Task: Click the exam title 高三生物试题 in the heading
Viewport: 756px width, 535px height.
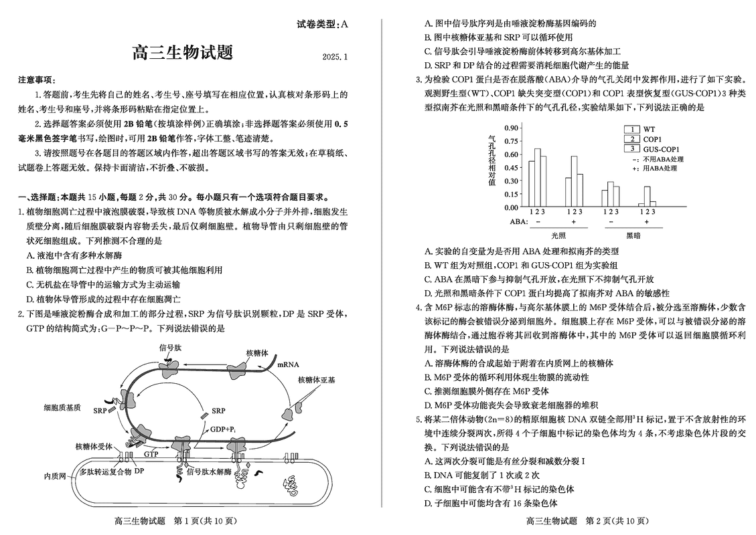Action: (x=182, y=51)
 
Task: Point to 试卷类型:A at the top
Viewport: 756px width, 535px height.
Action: (x=322, y=25)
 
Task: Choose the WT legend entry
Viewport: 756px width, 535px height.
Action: (x=650, y=129)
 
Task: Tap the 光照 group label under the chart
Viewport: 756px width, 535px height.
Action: (x=558, y=235)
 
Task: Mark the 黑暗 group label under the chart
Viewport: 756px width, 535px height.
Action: (x=633, y=235)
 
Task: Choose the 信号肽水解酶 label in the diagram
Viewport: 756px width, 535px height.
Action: (x=209, y=471)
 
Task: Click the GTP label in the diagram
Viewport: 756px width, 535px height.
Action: (x=151, y=453)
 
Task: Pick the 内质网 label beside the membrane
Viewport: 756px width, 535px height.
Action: (x=55, y=476)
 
